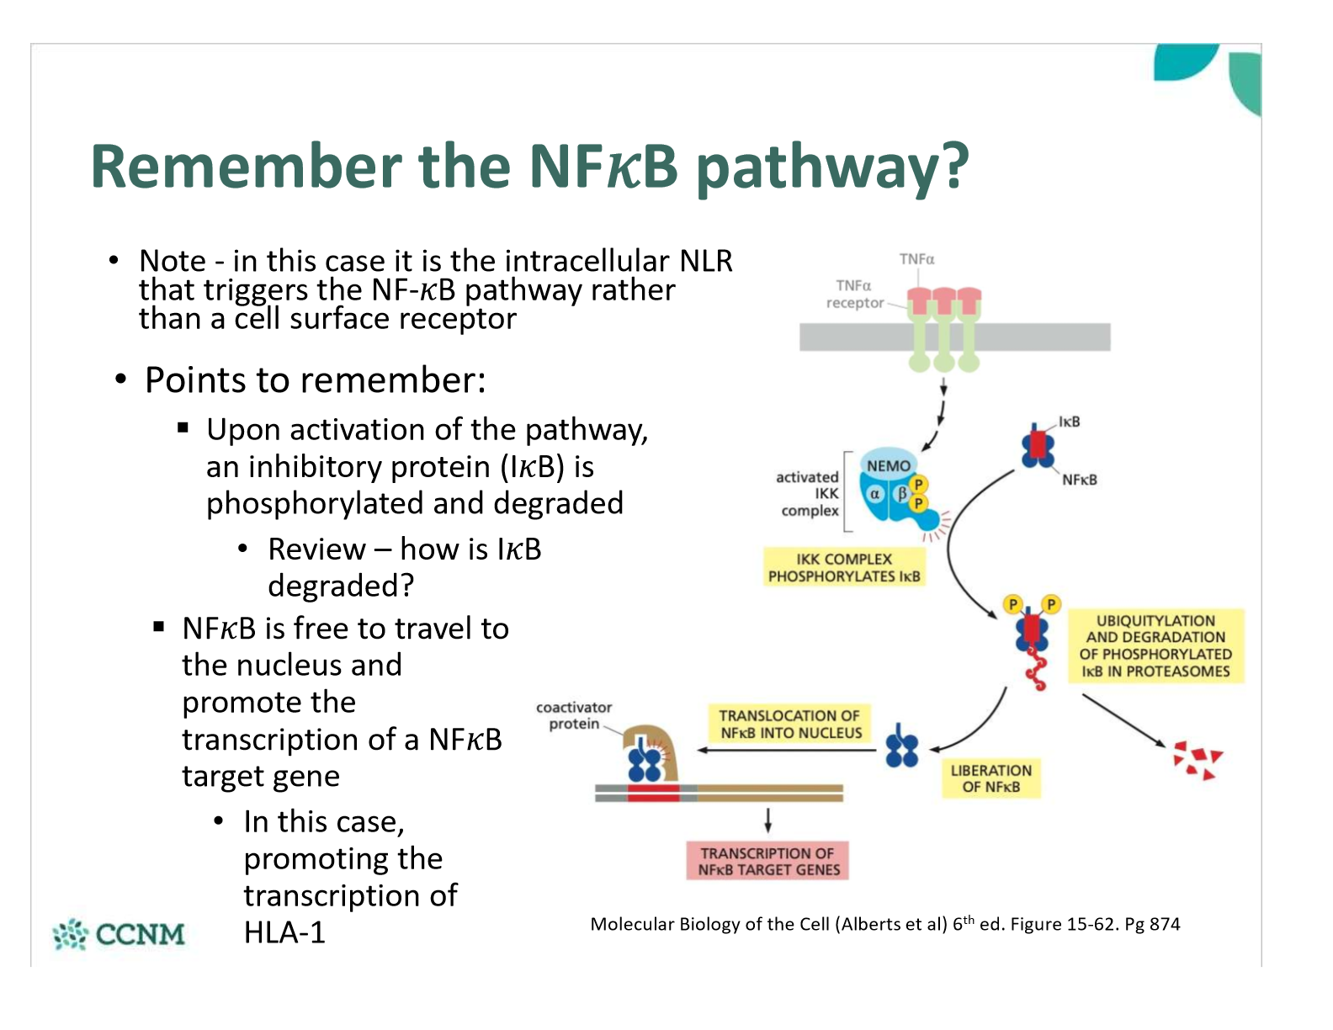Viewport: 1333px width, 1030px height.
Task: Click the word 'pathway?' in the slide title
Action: [833, 167]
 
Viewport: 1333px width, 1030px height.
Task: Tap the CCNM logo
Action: [119, 934]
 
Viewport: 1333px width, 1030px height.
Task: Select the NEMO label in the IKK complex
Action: [888, 465]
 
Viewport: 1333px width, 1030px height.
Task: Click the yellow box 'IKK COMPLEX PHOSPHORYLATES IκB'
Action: [843, 568]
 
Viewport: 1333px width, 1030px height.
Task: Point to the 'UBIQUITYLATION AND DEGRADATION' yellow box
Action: [1155, 645]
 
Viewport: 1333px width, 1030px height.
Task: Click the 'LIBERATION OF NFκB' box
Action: [990, 778]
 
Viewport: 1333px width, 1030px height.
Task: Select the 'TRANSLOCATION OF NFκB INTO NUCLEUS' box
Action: [789, 724]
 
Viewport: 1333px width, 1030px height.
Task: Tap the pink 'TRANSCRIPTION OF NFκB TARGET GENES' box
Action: [767, 861]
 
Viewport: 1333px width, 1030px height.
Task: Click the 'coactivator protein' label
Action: [574, 715]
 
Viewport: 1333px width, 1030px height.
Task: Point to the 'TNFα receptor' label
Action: [854, 295]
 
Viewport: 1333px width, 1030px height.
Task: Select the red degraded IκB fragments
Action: [1197, 760]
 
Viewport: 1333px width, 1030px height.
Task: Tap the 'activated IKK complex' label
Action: [808, 494]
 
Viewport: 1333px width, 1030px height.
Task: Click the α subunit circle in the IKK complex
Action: [875, 494]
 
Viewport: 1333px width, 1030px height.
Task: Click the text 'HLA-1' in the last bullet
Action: [284, 932]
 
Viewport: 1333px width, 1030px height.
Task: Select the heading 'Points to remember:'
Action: [315, 380]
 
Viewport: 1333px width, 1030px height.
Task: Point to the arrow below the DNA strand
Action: [767, 820]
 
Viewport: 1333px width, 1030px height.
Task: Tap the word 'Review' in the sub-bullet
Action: [316, 550]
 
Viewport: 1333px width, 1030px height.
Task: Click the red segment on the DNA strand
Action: [652, 793]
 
